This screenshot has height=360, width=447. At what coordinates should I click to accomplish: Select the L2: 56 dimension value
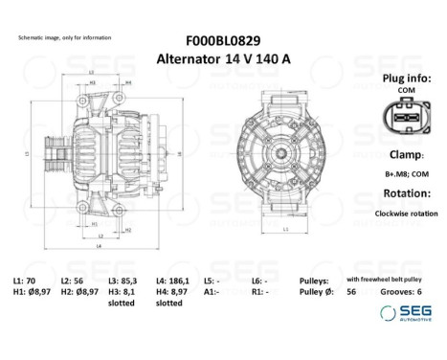click(74, 280)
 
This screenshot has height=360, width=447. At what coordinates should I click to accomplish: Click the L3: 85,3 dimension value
click(122, 280)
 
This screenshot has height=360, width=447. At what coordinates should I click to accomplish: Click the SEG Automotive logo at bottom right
click(402, 313)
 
